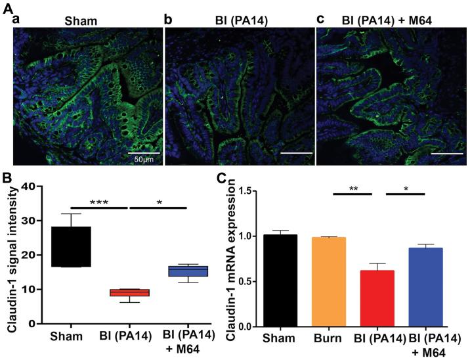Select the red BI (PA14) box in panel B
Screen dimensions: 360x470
coord(138,292)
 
